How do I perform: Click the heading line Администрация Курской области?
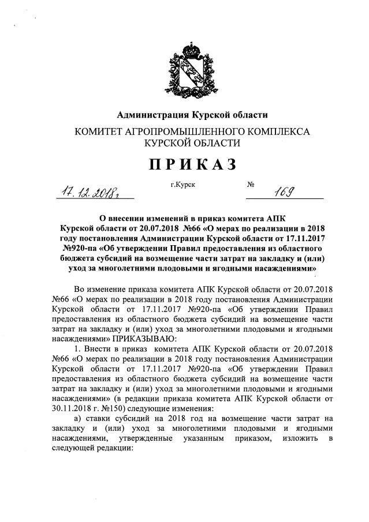pyautogui.click(x=193, y=115)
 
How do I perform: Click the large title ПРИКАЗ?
pyautogui.click(x=193, y=164)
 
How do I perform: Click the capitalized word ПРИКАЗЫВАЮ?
pyautogui.click(x=139, y=340)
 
